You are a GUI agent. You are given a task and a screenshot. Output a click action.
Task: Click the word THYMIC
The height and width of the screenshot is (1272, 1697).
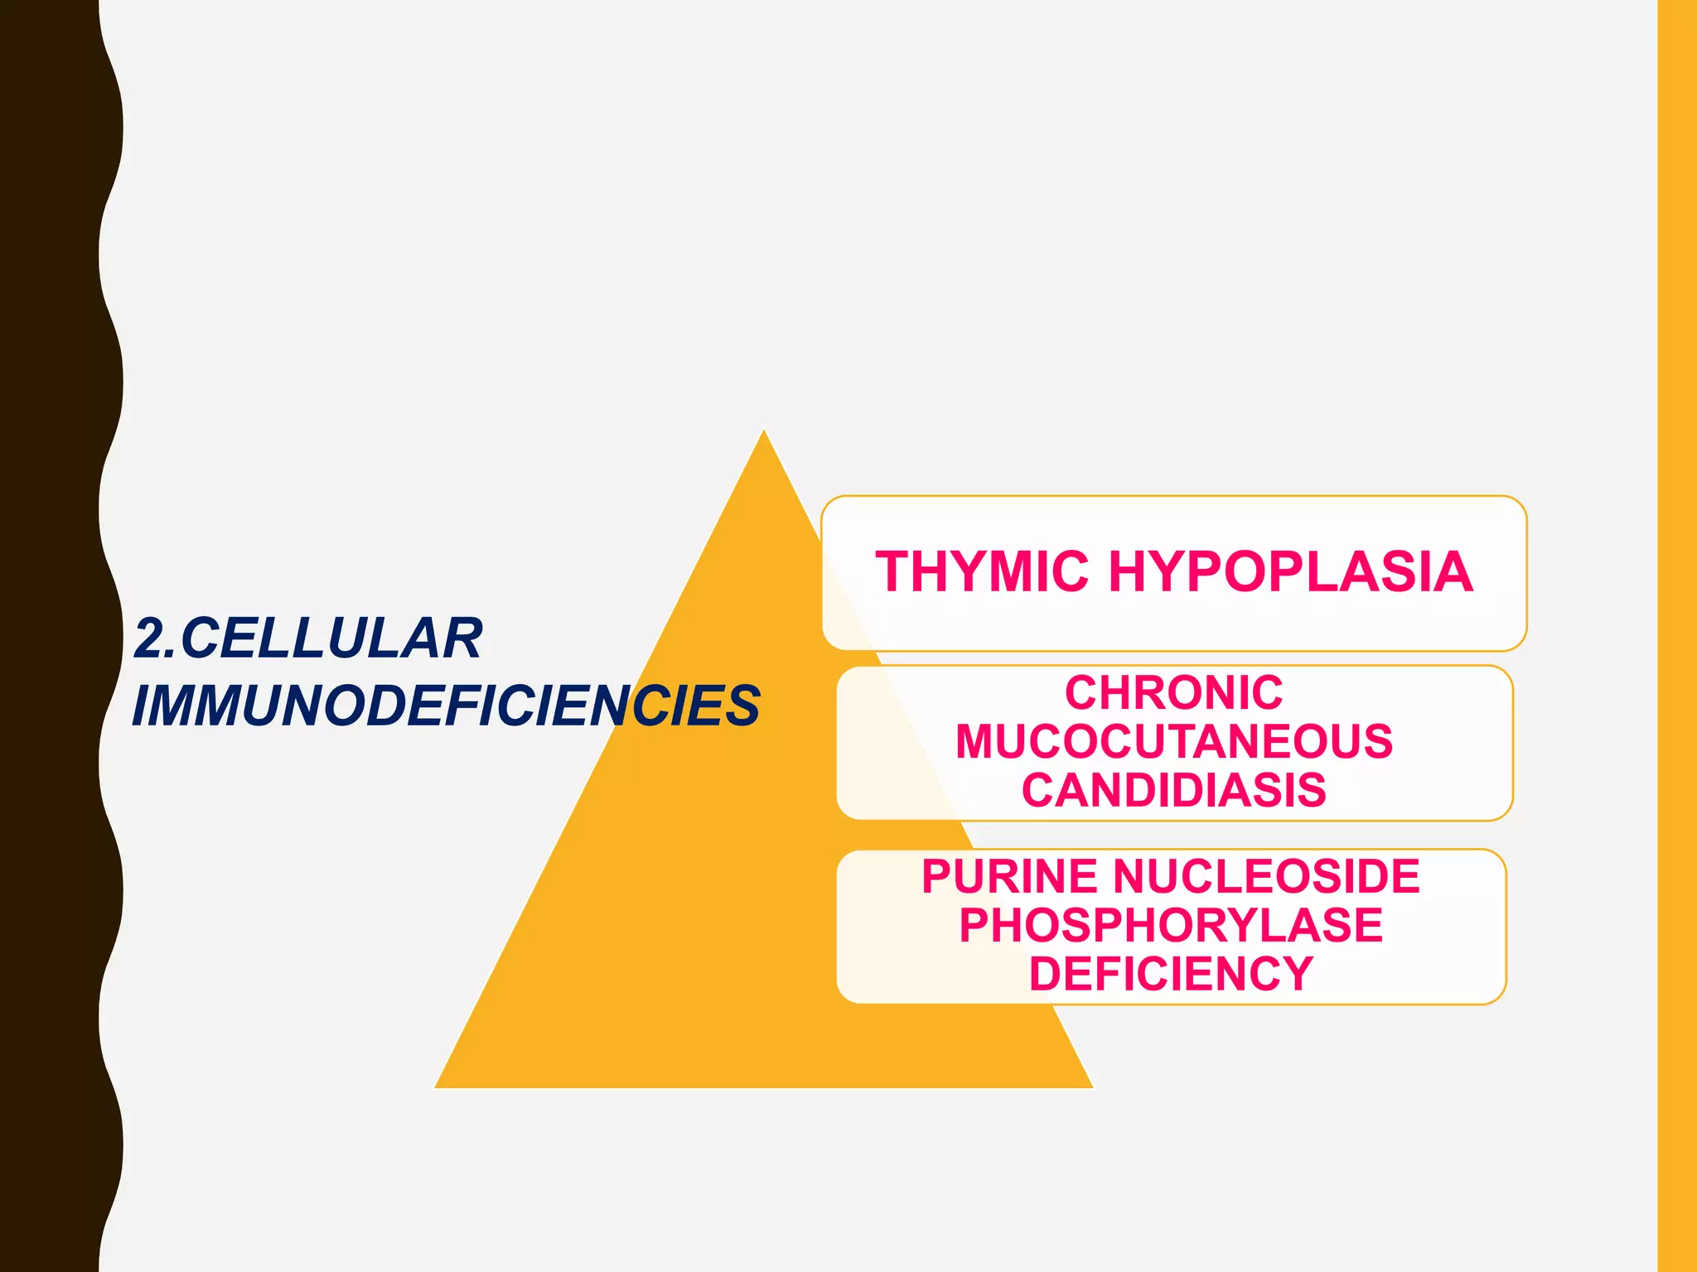[x=982, y=572]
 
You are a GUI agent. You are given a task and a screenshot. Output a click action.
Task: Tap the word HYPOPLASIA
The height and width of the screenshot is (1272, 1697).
[x=1290, y=572]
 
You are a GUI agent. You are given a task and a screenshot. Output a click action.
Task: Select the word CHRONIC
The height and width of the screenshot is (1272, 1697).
[x=1173, y=692]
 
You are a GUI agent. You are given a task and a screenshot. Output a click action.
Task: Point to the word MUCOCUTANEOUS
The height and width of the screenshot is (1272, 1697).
[x=1173, y=741]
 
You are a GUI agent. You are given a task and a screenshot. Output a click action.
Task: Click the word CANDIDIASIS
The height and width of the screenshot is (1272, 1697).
[x=1173, y=790]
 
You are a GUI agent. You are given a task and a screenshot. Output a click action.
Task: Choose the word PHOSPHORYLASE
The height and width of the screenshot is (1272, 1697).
[x=1171, y=925]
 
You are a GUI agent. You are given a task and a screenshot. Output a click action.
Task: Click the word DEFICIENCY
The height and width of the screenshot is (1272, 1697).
[x=1171, y=974]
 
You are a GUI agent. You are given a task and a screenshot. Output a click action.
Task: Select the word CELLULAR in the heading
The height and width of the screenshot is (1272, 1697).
[x=331, y=639]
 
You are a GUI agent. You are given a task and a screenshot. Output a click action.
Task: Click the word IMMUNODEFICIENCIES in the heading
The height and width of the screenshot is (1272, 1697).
[x=446, y=706]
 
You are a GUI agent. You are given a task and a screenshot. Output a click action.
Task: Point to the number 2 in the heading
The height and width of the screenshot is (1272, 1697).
[x=149, y=639]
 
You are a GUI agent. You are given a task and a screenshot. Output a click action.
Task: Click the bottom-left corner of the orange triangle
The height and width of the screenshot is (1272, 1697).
[x=438, y=1086]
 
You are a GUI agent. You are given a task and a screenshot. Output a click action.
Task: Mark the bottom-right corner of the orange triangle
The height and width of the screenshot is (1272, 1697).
[x=1090, y=1086]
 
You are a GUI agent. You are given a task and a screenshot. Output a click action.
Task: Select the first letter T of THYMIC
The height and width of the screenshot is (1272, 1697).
[x=892, y=572]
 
